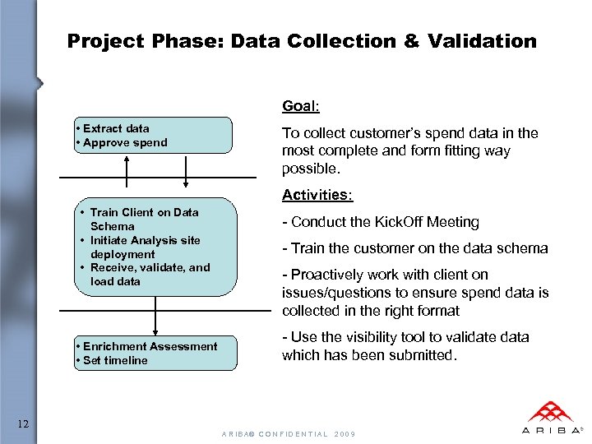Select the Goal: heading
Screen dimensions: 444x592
coord(301,106)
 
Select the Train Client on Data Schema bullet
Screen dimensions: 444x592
coord(143,219)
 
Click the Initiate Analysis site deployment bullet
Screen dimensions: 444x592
coord(145,247)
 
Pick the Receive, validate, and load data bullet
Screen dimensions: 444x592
coord(149,274)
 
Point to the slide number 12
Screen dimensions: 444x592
coord(24,423)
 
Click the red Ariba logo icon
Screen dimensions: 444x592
coord(551,411)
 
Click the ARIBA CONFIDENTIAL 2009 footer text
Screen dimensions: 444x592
coord(288,433)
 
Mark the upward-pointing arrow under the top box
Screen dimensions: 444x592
coord(126,166)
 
